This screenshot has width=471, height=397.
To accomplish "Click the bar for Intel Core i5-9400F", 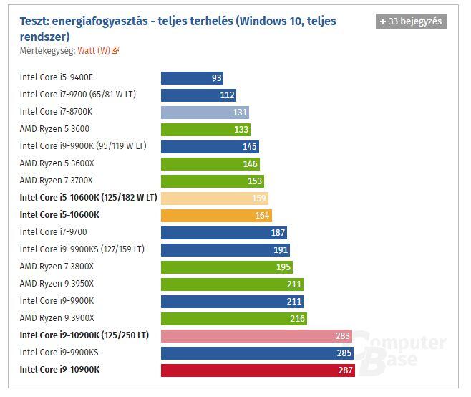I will tap(193, 78).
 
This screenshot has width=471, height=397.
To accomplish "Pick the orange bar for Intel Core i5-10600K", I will tap(216, 215).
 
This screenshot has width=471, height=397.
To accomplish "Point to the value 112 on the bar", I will tap(228, 95).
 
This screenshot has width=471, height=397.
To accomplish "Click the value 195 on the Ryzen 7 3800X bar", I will tap(283, 267).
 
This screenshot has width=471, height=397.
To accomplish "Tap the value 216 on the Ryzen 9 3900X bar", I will tap(297, 318).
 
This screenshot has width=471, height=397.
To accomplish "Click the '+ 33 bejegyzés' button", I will tap(411, 21).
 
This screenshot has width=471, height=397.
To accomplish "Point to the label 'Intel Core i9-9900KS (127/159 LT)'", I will tap(82, 249).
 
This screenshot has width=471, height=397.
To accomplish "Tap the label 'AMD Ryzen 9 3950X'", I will tap(57, 284).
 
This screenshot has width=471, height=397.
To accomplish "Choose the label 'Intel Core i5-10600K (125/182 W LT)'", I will tap(88, 198).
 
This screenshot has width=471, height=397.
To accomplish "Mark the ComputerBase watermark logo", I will tap(401, 351).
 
